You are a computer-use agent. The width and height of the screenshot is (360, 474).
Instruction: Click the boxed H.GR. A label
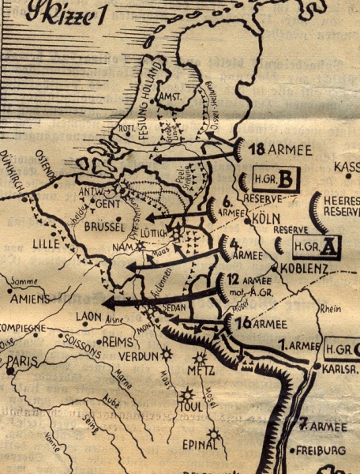click(x=317, y=246)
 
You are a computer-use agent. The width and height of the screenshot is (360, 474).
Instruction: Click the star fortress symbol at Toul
click(x=187, y=394)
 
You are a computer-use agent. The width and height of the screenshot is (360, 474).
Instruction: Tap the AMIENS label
click(x=31, y=299)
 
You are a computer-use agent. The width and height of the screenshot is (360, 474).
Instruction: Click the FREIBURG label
click(x=322, y=451)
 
